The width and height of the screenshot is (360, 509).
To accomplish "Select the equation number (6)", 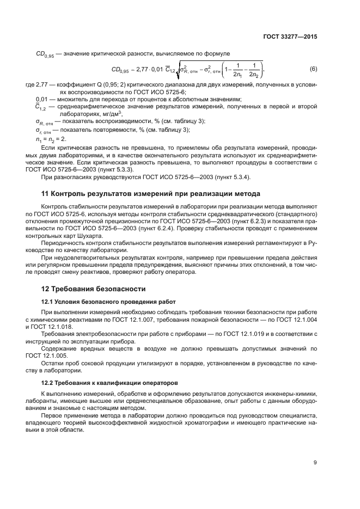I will point(313,69).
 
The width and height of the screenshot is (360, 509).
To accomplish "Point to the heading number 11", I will point(46,194).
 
